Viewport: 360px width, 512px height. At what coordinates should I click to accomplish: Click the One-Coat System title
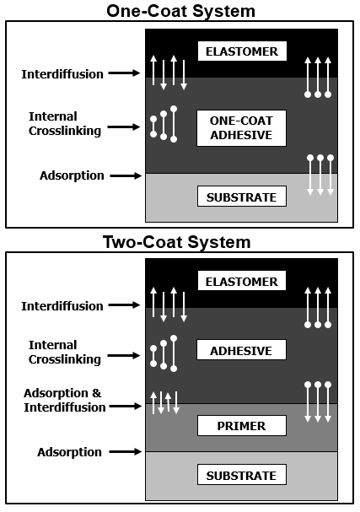point(180,11)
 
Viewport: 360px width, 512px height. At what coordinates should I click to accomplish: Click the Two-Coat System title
point(177,242)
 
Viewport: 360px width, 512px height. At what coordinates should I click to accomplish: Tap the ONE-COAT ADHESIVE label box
point(241,128)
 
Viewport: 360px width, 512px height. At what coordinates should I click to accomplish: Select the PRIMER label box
point(241,425)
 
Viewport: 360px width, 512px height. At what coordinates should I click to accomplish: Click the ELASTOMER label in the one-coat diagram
point(242,51)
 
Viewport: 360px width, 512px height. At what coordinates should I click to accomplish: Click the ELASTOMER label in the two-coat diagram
point(241,281)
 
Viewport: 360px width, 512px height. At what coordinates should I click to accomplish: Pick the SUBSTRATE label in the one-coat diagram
point(241,197)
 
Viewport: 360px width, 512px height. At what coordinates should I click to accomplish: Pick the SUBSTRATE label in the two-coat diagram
point(241,475)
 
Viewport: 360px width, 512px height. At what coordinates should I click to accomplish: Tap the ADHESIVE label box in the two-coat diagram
point(241,350)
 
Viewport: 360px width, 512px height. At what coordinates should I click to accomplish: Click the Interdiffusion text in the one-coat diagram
point(62,74)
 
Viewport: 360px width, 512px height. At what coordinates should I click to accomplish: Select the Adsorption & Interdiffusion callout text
point(64,400)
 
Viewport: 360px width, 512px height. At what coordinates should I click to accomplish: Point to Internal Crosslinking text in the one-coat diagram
point(65,124)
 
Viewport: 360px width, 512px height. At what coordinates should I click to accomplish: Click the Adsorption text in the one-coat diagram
point(72,175)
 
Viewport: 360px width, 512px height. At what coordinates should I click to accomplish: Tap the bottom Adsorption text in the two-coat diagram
point(69,452)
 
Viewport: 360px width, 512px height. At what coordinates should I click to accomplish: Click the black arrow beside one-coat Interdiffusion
point(124,73)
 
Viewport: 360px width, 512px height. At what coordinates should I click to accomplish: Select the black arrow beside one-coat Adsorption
point(126,176)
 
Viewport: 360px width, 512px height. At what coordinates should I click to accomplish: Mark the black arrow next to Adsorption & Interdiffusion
point(126,407)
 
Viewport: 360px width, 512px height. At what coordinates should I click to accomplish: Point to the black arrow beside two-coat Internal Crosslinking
point(124,355)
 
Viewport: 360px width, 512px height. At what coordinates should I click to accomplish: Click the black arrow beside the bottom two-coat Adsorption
point(126,452)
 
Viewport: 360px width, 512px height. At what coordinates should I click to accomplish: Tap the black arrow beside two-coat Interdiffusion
point(124,305)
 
